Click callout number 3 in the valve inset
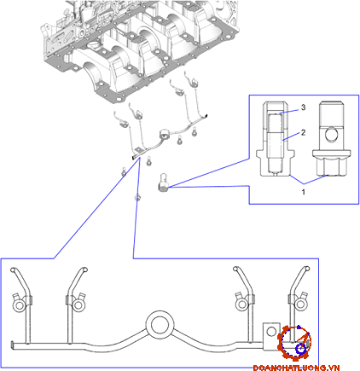click(x=303, y=107)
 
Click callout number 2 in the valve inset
click(x=303, y=132)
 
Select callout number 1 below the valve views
click(x=303, y=192)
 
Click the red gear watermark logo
click(x=294, y=343)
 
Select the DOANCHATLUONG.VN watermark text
click(x=296, y=368)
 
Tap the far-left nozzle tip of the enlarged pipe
click(x=13, y=270)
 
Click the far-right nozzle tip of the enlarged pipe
click(x=307, y=269)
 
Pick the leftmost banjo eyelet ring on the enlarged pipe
click(x=19, y=305)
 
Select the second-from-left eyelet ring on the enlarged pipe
click(x=78, y=305)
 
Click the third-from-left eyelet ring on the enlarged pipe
click(x=242, y=304)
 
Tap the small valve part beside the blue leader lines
click(x=163, y=183)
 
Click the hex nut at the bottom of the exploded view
click(x=137, y=197)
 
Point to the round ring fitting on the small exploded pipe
click(x=164, y=134)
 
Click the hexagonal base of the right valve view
click(x=330, y=167)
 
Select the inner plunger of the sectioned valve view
click(x=275, y=143)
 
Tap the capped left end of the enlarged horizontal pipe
click(x=13, y=345)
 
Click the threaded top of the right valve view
click(x=330, y=113)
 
